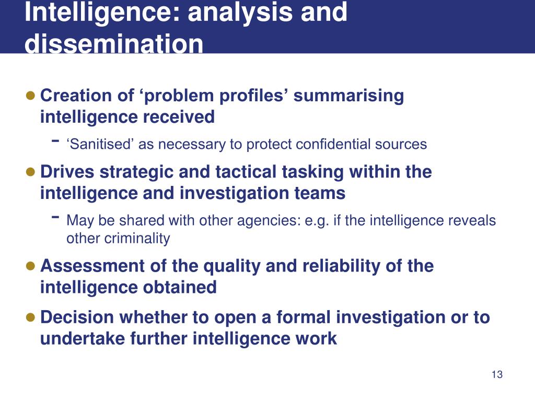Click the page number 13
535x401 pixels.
[497, 374]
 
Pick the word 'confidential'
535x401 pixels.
[332, 144]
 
